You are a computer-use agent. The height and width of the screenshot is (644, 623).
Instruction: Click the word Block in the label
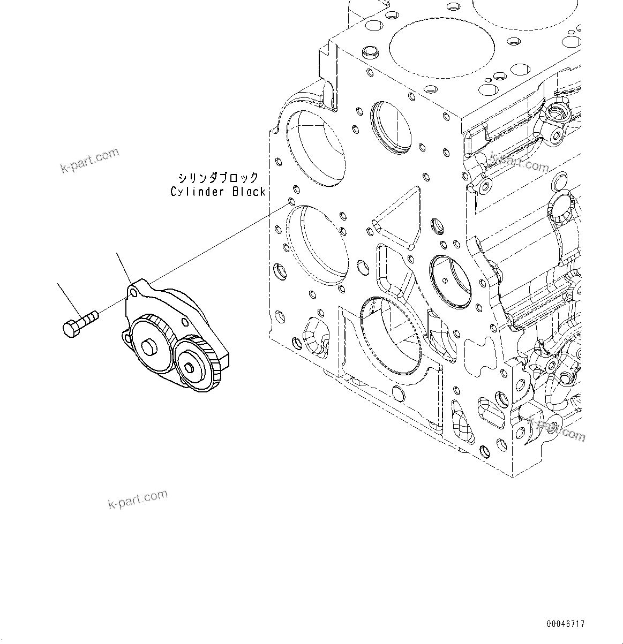(249, 192)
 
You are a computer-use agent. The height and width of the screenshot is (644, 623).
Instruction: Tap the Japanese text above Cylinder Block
(218, 178)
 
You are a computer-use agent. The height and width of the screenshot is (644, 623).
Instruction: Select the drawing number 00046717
(566, 624)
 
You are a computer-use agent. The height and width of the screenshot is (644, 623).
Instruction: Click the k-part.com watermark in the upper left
(89, 161)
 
